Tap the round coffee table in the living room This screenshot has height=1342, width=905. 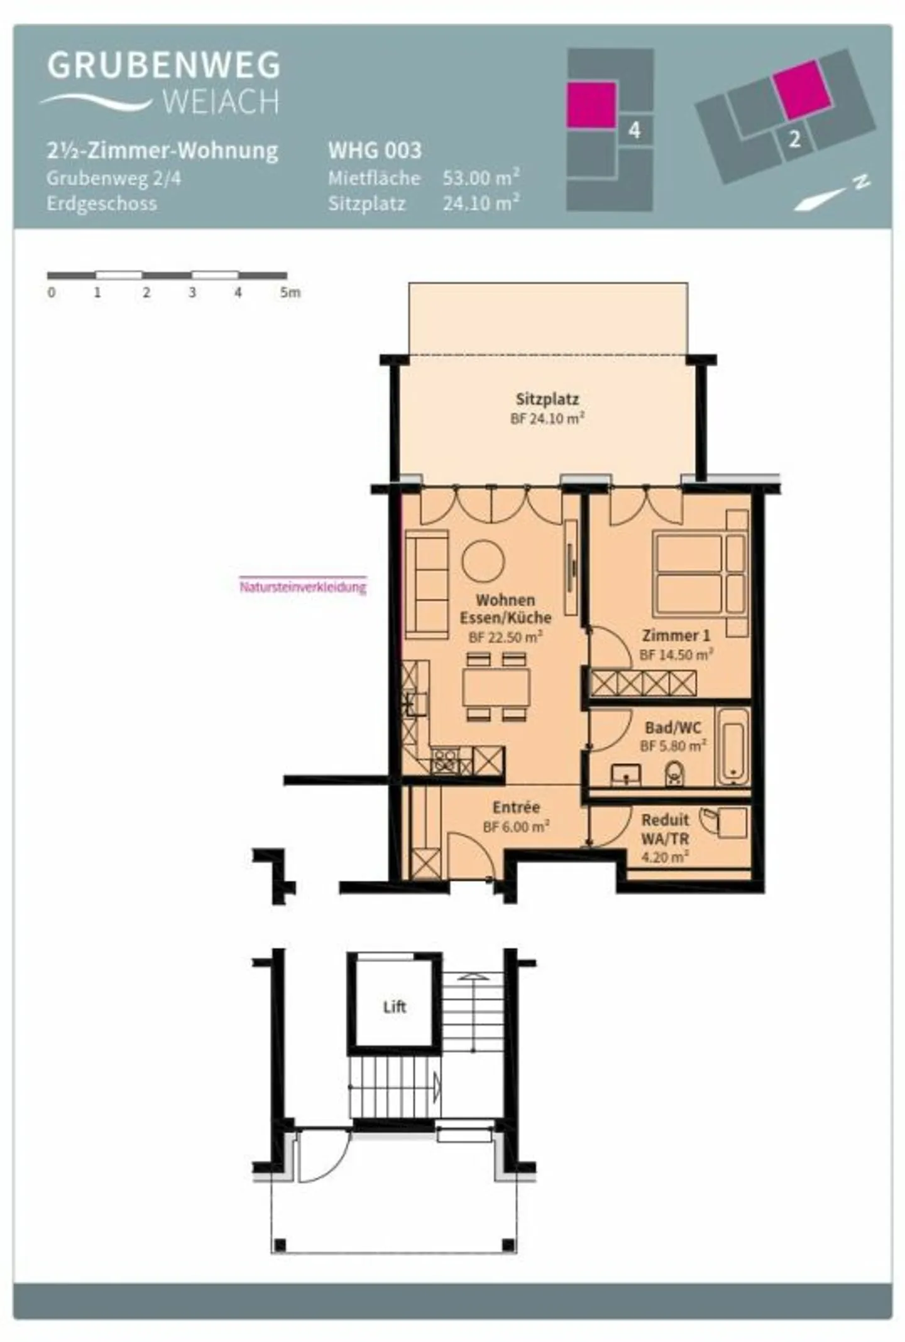[483, 561]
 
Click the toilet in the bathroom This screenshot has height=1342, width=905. [674, 774]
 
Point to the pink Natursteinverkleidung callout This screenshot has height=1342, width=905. [302, 587]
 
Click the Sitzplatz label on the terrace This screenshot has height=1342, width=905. [547, 399]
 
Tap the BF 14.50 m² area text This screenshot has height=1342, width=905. [676, 655]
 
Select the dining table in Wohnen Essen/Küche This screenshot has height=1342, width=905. [496, 688]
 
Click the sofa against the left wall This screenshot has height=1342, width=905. [427, 583]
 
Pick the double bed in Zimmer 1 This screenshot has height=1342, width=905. [688, 573]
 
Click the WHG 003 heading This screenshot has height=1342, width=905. [375, 151]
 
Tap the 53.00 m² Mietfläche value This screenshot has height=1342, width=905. [481, 178]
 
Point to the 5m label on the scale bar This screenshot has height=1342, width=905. [290, 293]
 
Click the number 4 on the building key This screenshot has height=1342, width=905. [634, 130]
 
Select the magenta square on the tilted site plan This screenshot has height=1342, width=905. [801, 89]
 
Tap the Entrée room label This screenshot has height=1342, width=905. [516, 807]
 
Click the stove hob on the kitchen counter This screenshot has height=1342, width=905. [446, 762]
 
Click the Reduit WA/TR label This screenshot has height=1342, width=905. [665, 829]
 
